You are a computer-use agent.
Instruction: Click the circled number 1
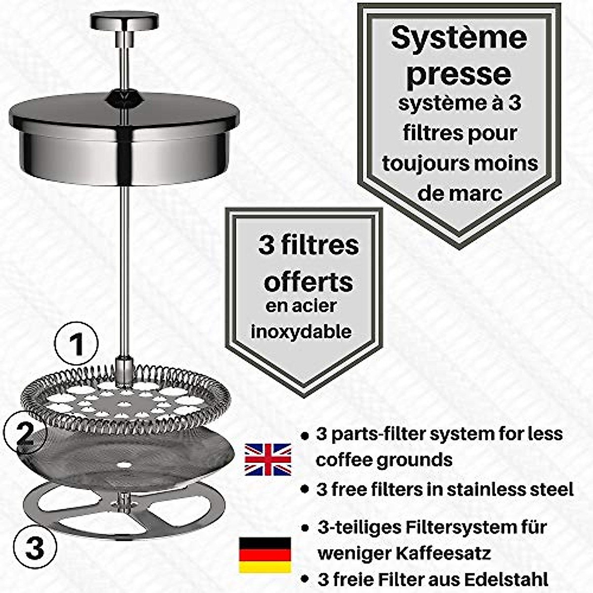pos(76,344)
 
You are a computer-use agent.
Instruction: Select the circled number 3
pos(35,547)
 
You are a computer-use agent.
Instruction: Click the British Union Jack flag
pos(268,459)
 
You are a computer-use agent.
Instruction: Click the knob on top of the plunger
pos(124,21)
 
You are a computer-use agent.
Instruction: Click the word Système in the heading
pos(459,38)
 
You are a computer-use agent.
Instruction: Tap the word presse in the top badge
pos(459,74)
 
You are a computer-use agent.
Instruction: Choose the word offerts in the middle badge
pos(309,282)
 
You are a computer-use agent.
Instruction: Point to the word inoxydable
pos(301,331)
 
